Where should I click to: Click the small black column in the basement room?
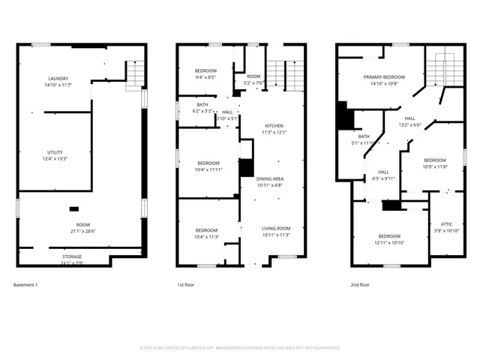pos(74,208)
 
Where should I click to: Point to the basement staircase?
pos(133,73)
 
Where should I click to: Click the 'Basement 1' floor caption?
pos(25,285)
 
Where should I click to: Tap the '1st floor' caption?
pos(187,285)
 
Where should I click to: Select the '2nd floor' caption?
pos(360,285)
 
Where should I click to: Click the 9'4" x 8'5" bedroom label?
pos(205,73)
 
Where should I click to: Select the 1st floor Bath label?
pos(202,104)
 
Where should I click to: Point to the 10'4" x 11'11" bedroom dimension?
pos(208,169)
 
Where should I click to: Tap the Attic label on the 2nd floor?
pos(445,226)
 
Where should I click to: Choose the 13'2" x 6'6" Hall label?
pos(409,121)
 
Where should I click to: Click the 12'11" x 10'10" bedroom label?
pos(388,239)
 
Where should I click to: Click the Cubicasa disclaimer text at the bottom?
pos(240,347)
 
